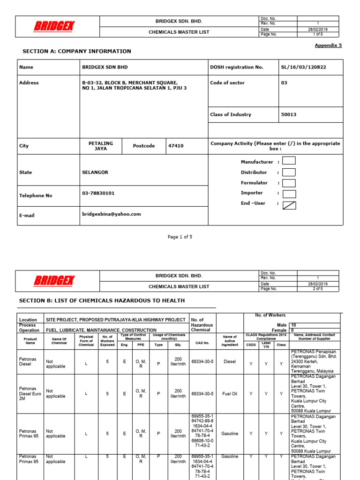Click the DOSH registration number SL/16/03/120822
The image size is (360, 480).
coord(303,67)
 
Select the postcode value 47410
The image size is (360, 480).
coord(176,146)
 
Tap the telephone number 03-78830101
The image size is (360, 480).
coord(98,193)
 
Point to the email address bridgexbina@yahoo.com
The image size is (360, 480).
coord(111,214)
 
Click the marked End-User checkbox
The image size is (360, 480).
coord(289,204)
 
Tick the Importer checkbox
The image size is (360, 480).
coord(289,194)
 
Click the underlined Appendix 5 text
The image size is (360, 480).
coord(328,45)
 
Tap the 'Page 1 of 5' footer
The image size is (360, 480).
coord(180,237)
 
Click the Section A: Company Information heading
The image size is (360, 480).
coord(77,51)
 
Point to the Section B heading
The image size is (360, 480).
coord(102,300)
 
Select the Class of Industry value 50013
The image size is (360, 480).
coord(289,114)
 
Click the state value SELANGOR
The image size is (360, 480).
coord(95,172)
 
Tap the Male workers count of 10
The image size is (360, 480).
coord(294,324)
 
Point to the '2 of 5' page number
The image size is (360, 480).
coord(318,289)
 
